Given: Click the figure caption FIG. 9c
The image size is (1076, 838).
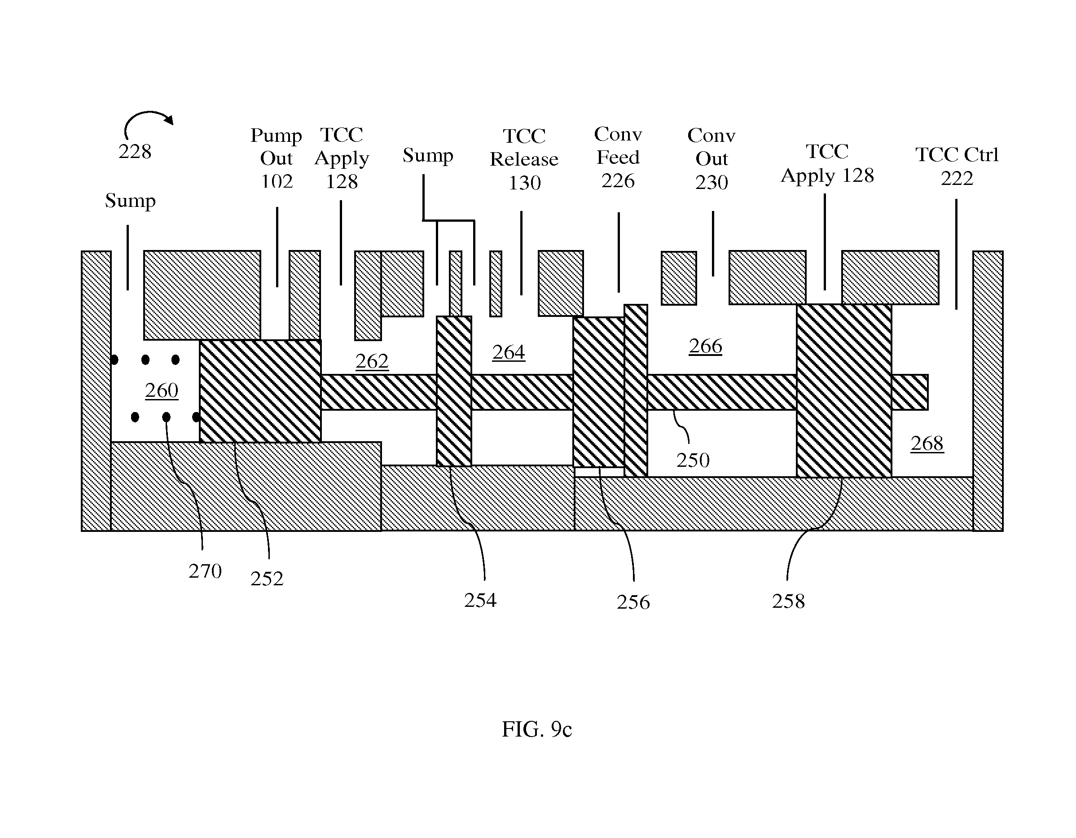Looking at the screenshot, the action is tap(536, 729).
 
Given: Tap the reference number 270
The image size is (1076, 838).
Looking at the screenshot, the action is tap(205, 571).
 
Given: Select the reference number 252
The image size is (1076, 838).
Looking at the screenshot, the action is tap(267, 579).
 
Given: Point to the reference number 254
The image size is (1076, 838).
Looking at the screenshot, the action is tap(480, 600).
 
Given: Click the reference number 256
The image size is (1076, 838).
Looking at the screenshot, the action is tap(633, 602).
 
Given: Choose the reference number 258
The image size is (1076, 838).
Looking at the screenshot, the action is tap(788, 601).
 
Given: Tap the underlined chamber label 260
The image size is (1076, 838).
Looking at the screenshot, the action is tap(162, 391).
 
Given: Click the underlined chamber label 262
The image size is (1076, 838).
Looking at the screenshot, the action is tap(372, 362).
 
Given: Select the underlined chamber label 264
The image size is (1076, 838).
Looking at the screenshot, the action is tap(509, 353).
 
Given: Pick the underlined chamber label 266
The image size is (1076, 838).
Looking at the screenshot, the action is tap(706, 347).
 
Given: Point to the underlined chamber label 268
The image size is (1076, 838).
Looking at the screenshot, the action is tap(927, 444).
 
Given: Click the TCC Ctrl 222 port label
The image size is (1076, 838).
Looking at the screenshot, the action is tap(957, 166).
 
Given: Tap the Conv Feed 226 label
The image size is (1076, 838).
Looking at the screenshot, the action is tap(618, 157).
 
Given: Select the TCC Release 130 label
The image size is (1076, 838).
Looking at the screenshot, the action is tap(524, 159).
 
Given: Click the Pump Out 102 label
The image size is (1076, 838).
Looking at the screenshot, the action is tap(277, 158).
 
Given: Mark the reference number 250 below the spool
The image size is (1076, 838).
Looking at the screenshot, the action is tap(693, 460).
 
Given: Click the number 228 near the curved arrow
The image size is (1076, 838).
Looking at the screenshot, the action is tap(135, 152).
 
